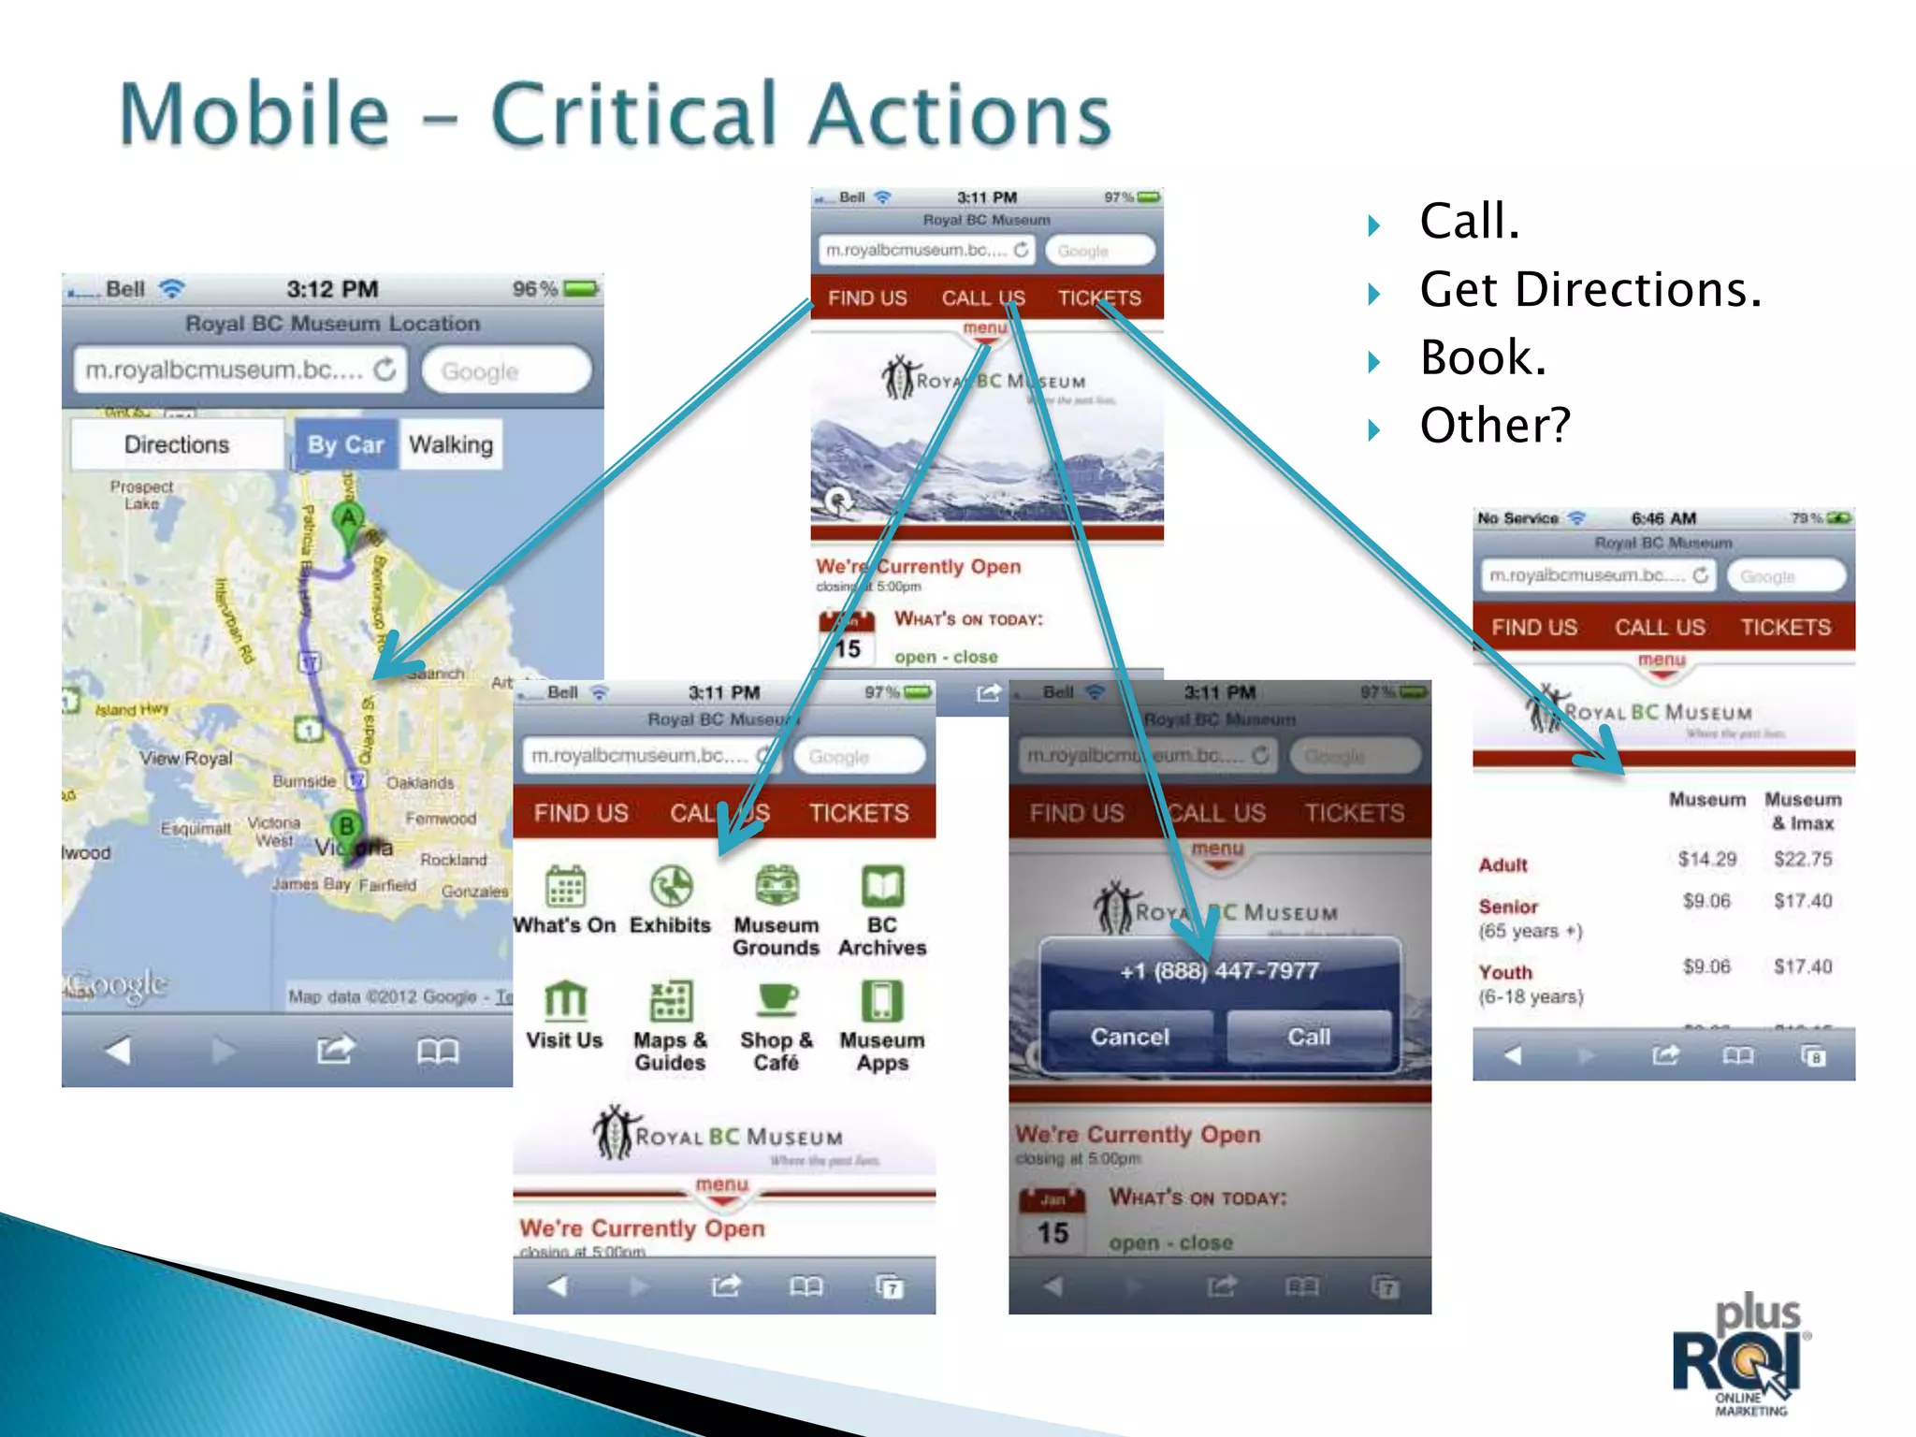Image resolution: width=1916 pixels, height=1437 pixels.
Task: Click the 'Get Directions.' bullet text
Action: tap(1589, 289)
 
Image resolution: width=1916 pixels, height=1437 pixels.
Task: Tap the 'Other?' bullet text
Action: tap(1494, 426)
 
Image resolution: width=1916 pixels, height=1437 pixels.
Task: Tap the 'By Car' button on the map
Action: tap(345, 444)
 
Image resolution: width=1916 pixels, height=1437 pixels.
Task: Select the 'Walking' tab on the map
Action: tap(450, 444)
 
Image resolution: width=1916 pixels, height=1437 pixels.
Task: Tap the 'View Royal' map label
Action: tap(185, 758)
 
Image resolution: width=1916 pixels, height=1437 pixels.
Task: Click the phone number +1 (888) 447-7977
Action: tap(1219, 971)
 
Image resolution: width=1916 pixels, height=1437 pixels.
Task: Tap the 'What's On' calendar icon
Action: tap(565, 885)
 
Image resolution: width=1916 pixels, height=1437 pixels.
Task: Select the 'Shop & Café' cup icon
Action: tap(777, 1001)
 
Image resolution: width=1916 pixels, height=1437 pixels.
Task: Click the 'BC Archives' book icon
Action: tap(882, 885)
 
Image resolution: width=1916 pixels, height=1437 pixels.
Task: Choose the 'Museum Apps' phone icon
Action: tap(882, 1001)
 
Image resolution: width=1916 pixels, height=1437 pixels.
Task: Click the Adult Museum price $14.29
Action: tap(1706, 859)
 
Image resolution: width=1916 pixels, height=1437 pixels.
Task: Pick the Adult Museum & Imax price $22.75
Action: tap(1803, 859)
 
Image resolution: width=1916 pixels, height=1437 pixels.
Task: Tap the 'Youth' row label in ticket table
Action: tap(1505, 972)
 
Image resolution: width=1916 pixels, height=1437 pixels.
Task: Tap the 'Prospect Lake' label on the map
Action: tap(141, 495)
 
